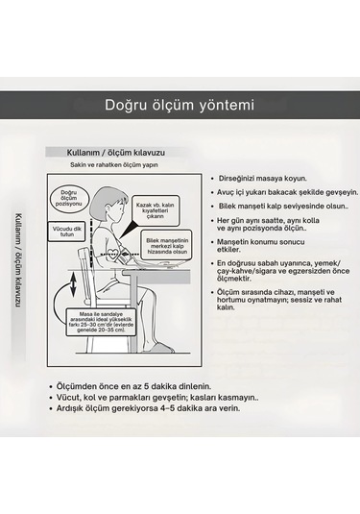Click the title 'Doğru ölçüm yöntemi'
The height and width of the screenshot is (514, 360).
tap(180, 104)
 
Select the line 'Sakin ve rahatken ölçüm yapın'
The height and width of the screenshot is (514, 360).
tap(113, 166)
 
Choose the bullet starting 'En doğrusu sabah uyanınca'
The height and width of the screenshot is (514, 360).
tap(281, 272)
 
